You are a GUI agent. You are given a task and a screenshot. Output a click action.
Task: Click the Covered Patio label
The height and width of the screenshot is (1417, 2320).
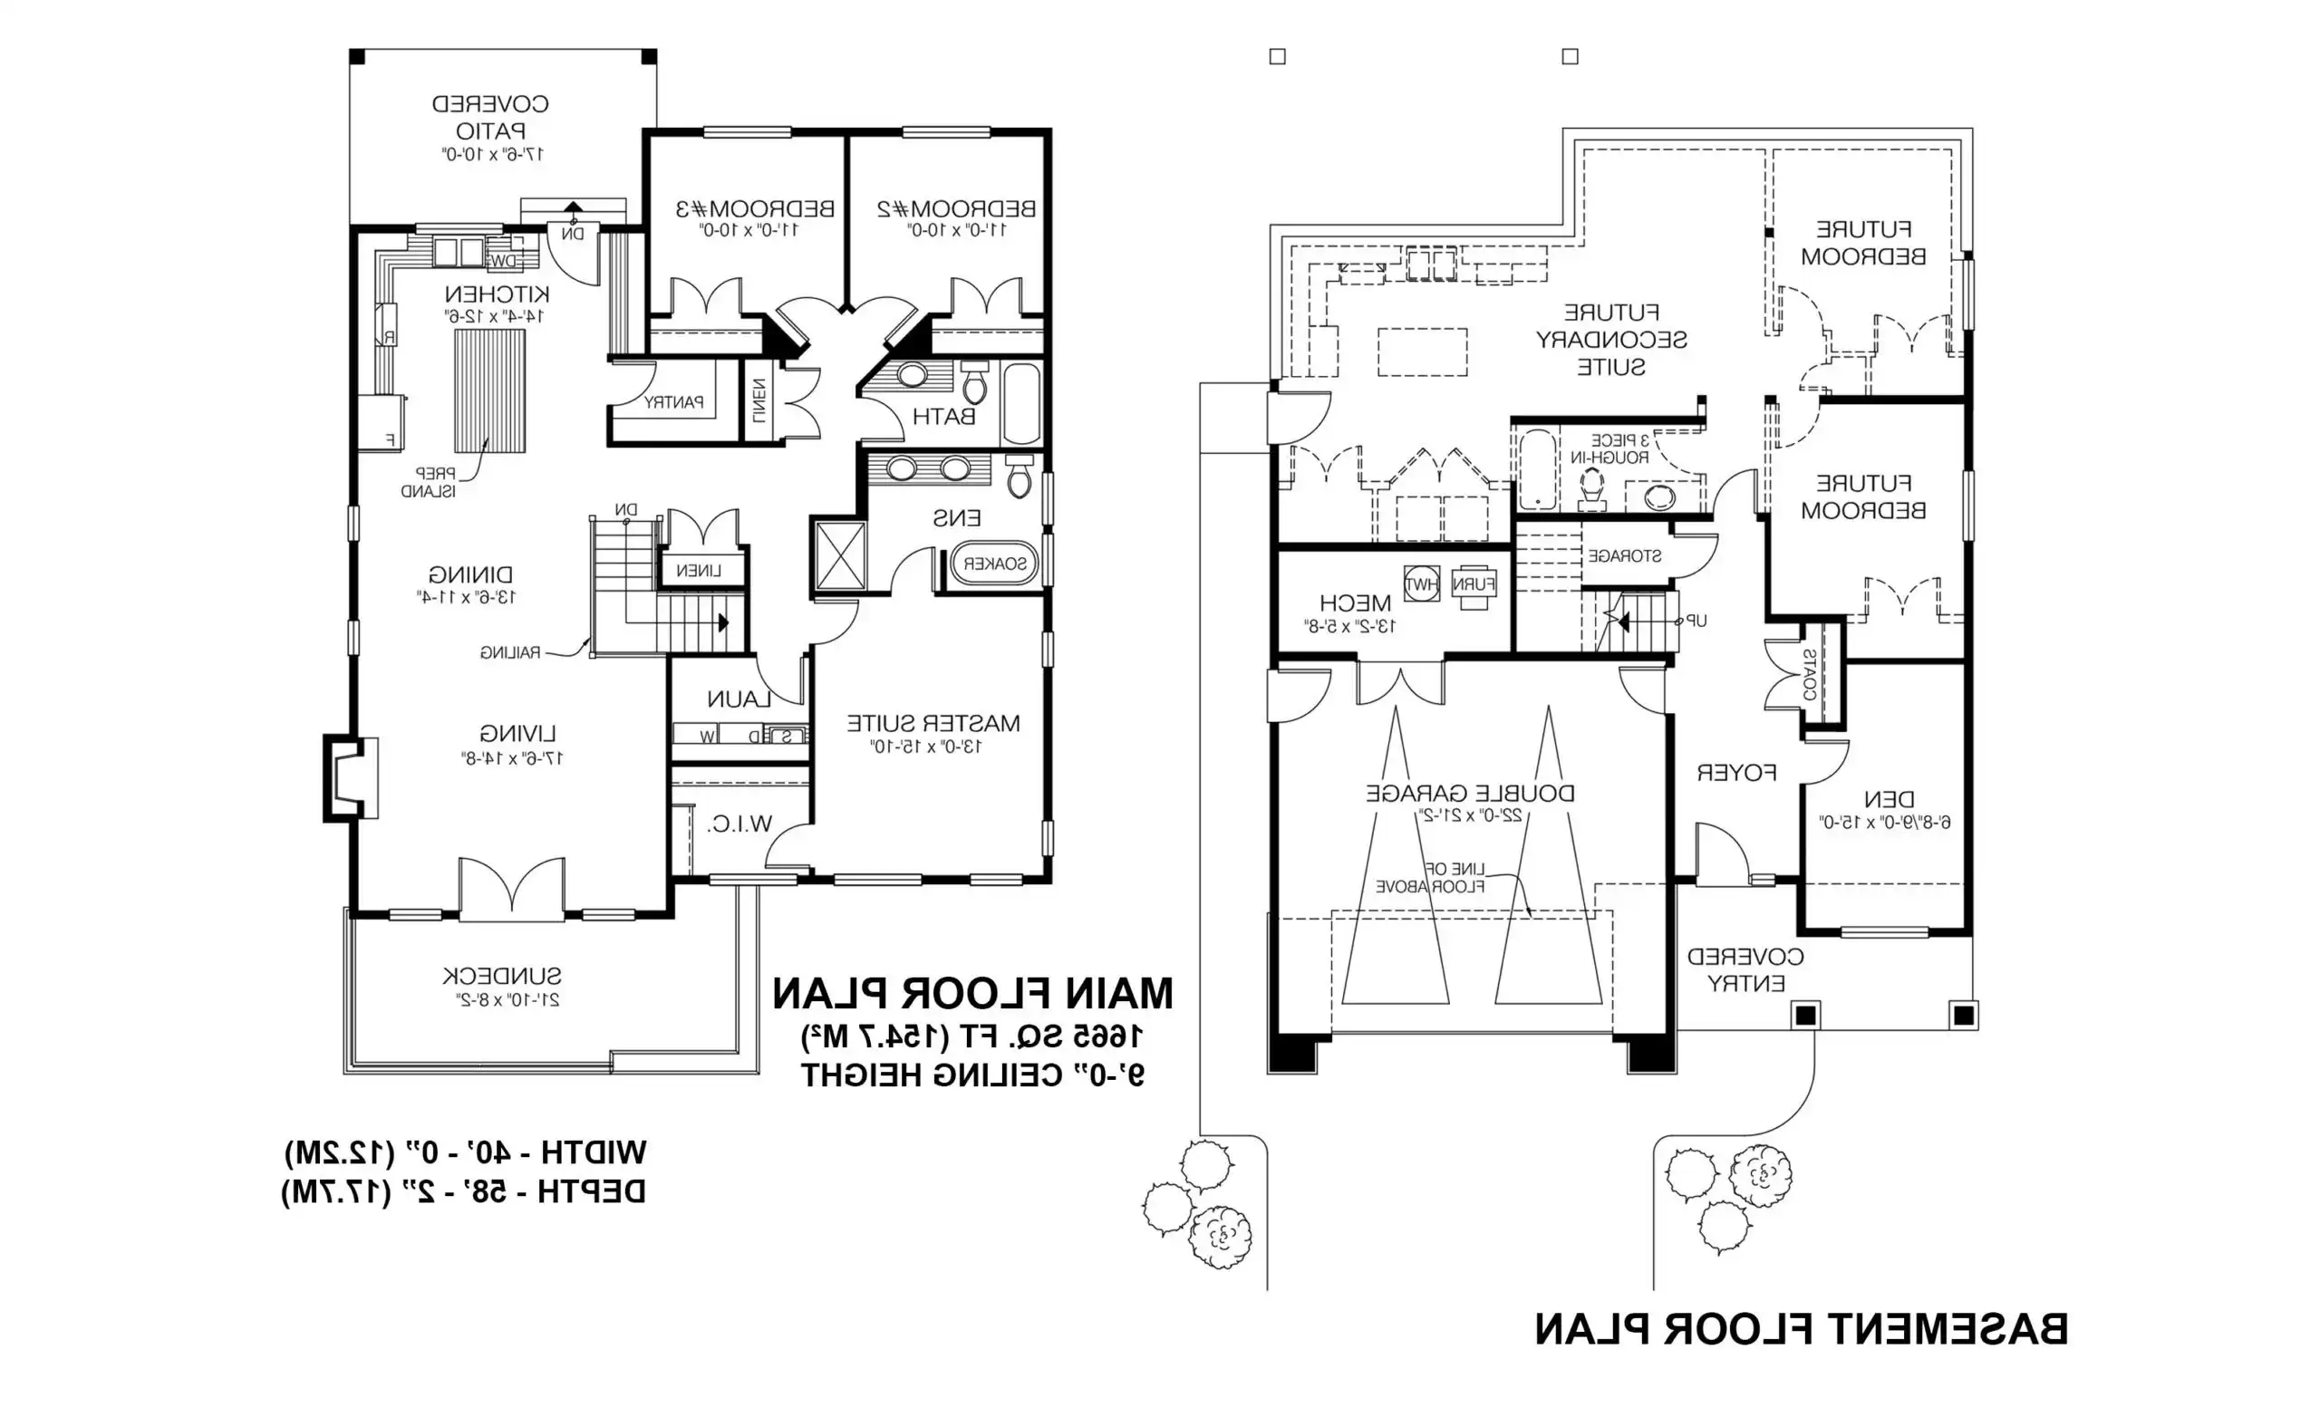pos(489,116)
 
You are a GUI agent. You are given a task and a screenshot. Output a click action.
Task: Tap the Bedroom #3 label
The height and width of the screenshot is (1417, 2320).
pos(755,208)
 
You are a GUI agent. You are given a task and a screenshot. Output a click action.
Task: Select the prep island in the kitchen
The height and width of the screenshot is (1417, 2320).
pos(489,390)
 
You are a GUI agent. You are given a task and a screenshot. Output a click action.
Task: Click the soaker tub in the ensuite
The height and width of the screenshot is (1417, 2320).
pos(994,564)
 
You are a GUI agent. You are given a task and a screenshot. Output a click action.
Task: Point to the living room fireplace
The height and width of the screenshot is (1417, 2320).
pos(348,777)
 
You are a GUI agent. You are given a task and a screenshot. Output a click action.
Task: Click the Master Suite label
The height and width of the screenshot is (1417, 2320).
pos(933,723)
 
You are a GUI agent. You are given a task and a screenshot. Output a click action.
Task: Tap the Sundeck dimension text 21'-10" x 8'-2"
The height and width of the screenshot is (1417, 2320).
pos(502,1000)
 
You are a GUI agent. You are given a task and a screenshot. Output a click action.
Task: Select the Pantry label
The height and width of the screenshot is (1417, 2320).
pos(673,402)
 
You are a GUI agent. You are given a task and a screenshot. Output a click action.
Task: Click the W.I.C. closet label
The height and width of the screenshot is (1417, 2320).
pos(739,824)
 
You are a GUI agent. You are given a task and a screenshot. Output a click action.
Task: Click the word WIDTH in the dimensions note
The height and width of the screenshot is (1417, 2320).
pos(594,1152)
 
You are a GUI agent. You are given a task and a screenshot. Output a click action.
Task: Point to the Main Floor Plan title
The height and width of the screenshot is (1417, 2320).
pos(972,993)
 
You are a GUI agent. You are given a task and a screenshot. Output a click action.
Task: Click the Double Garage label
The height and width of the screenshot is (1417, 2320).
pos(1470,793)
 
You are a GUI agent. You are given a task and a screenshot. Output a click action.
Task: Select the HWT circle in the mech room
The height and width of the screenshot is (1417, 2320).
pos(1421,583)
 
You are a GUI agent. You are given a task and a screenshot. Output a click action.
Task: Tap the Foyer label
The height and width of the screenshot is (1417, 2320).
pos(1736,773)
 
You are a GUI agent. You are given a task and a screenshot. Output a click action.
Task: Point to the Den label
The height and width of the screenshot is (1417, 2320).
pos(1889,799)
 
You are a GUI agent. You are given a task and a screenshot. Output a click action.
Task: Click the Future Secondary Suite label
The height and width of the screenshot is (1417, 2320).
pos(1611,339)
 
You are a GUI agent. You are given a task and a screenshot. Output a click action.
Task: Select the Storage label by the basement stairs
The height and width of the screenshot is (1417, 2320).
pos(1624,555)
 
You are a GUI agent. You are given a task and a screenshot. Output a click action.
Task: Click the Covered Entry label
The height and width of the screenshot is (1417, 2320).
pos(1745,969)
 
